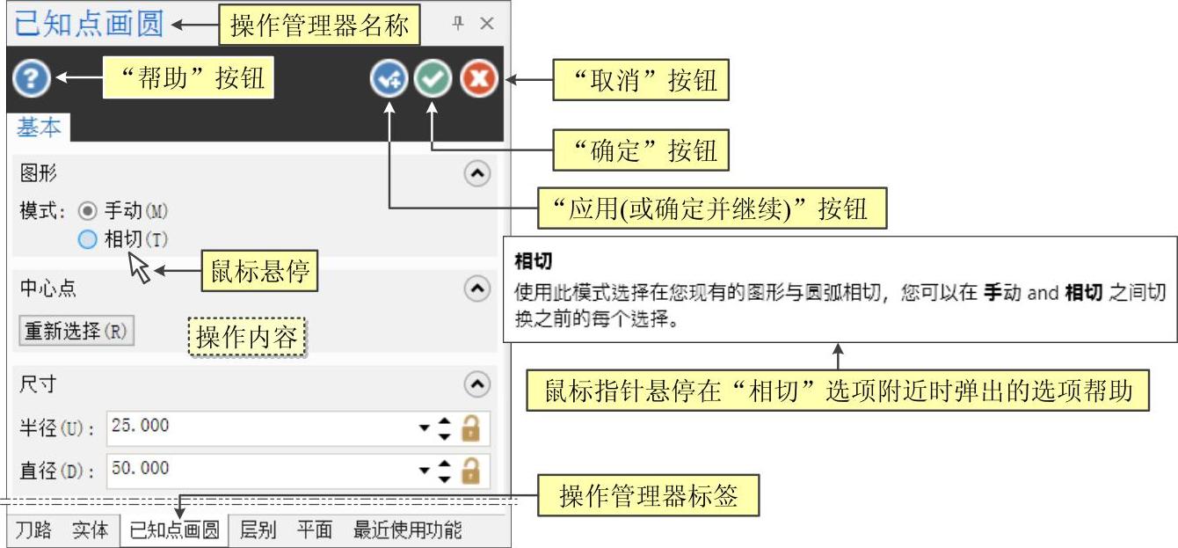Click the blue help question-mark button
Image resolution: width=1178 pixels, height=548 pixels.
point(31,79)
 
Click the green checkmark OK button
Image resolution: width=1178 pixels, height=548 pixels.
point(433,79)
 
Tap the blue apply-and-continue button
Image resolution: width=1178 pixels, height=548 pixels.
point(388,79)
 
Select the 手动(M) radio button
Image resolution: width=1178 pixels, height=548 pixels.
point(87,211)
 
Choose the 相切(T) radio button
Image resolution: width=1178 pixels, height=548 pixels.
point(87,239)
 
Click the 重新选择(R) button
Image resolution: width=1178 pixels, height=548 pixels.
point(76,332)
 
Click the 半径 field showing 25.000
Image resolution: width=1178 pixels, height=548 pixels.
point(264,427)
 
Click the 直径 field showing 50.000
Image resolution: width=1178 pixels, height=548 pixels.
point(264,470)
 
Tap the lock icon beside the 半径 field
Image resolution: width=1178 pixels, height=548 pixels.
point(471,428)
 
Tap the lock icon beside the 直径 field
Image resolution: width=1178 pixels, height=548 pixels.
point(471,471)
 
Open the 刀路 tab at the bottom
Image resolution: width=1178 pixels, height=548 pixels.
point(33,530)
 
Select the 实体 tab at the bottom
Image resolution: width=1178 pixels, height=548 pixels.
point(90,530)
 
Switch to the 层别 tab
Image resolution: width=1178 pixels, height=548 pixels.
point(258,530)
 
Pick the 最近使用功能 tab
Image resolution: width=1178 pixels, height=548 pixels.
point(407,530)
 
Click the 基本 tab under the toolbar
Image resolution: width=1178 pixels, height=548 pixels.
point(40,128)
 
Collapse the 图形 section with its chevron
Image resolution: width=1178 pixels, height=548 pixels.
point(476,174)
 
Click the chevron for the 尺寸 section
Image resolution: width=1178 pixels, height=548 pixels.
point(476,384)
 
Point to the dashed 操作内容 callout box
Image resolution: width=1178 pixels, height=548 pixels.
point(246,337)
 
